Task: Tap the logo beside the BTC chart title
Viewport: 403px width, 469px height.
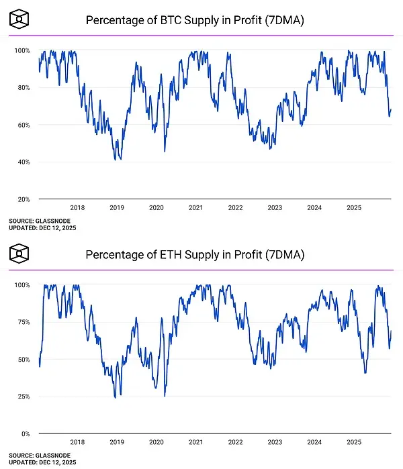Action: coord(21,20)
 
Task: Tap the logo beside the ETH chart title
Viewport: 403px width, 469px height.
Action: coord(21,254)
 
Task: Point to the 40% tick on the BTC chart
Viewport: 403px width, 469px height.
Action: coord(23,162)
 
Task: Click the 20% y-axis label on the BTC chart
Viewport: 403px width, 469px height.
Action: coord(23,199)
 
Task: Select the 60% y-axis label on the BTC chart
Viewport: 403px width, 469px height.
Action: coord(23,125)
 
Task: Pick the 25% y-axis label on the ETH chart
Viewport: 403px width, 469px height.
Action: coord(23,397)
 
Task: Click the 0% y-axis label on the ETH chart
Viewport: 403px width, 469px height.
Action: coord(25,434)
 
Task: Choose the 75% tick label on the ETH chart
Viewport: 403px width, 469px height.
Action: coord(23,322)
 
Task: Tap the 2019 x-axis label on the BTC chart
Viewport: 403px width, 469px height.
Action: coord(117,208)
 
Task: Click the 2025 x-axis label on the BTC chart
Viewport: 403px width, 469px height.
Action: coord(353,208)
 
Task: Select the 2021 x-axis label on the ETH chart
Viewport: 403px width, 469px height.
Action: coord(195,443)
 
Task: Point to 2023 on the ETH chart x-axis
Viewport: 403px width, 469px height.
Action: coord(275,443)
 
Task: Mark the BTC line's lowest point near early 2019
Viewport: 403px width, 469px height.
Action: coord(118,159)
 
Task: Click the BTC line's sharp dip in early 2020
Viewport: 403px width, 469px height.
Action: coord(165,151)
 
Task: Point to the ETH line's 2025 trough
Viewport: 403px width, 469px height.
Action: coord(365,372)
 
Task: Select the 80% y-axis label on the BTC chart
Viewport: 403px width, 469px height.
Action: coord(23,88)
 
